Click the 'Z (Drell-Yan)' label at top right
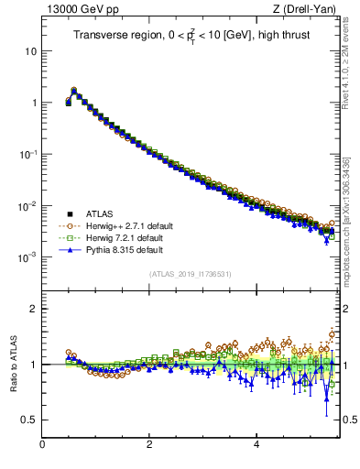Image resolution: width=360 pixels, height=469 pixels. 310,10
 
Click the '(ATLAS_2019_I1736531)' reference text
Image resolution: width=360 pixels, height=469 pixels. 191,274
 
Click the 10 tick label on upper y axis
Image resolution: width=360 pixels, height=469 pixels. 30,51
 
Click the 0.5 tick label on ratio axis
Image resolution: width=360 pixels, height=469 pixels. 28,420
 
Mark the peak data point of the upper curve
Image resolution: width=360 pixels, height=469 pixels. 73,91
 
